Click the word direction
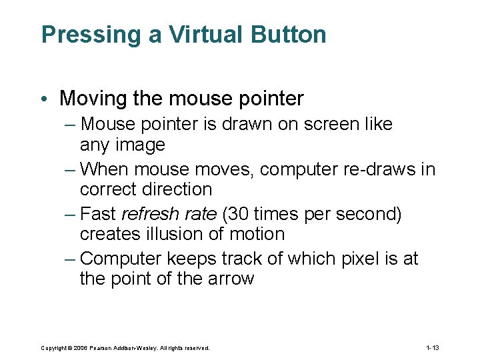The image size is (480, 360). [x=175, y=190]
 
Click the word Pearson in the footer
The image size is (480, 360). [x=99, y=348]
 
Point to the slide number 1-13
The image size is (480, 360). [x=432, y=347]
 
